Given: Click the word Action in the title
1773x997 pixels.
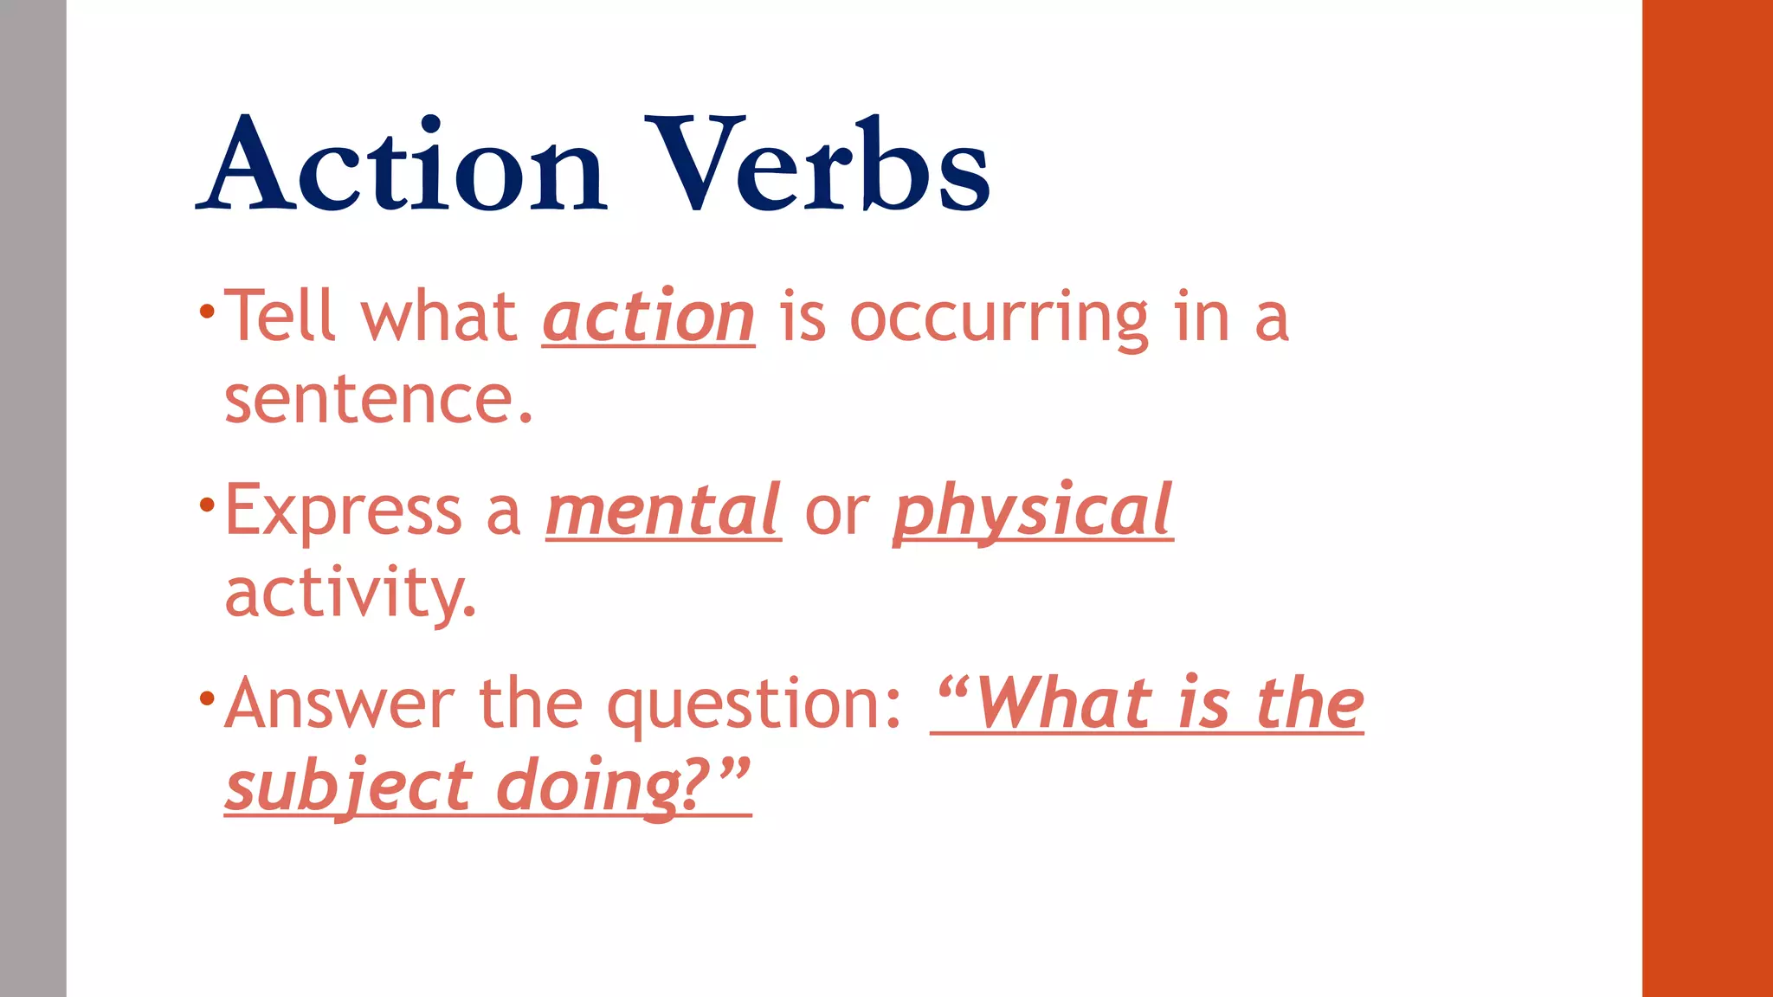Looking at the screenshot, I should pos(403,164).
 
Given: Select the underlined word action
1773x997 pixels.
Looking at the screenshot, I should pos(648,318).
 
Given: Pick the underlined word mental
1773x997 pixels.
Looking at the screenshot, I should pos(663,511).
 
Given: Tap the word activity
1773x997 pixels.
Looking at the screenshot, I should pos(350,595).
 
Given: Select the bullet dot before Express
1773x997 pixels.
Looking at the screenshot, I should pos(206,505).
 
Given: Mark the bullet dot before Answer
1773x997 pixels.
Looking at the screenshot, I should pos(206,698).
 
